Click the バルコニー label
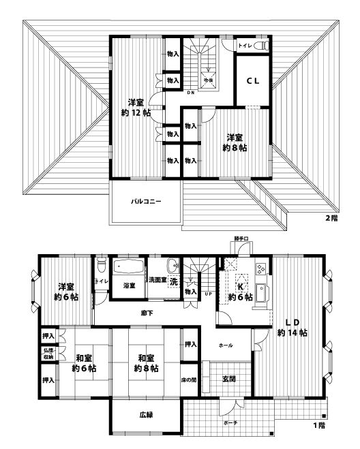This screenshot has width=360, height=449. [146, 202]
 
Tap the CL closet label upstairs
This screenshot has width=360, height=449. [252, 80]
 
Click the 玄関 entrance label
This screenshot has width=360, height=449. [228, 379]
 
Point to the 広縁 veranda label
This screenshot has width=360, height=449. [146, 414]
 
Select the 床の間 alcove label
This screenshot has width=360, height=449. [189, 380]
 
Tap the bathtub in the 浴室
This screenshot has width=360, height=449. [127, 267]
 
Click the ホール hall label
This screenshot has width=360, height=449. [226, 345]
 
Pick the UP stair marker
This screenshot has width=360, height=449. [207, 294]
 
